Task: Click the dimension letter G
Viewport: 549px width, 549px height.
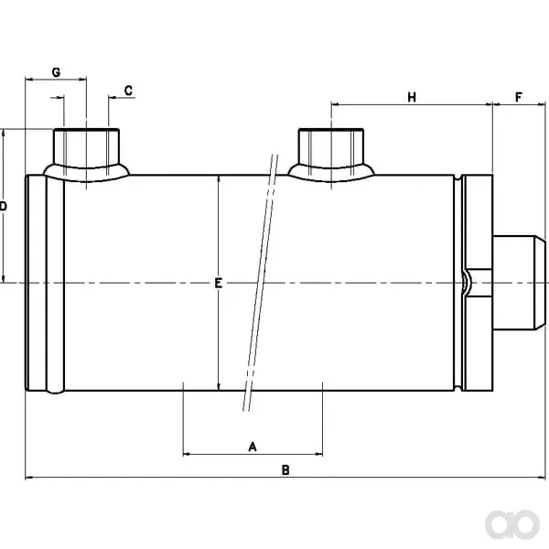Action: [56, 72]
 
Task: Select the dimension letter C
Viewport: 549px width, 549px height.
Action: [128, 91]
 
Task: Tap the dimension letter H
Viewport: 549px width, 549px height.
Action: [412, 97]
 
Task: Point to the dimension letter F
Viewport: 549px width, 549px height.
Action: [519, 97]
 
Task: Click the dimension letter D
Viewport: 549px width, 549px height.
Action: [3, 206]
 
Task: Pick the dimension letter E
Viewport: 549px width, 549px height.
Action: [218, 283]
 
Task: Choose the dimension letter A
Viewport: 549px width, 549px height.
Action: [253, 447]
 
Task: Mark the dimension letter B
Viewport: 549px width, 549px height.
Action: [285, 470]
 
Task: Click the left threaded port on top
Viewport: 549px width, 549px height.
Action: [87, 154]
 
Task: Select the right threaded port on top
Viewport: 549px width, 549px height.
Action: [331, 154]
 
